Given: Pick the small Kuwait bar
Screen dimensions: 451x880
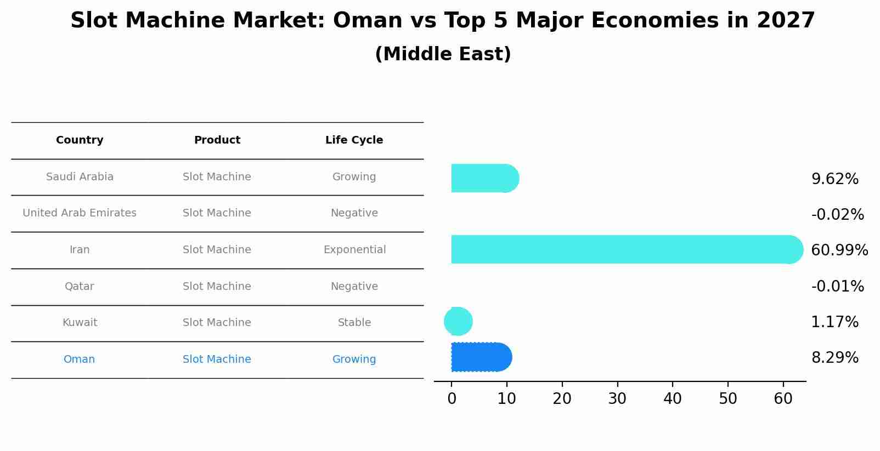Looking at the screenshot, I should coord(458,322).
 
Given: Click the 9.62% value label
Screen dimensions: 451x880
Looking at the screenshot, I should coord(834,179).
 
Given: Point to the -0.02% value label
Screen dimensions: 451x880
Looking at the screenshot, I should coord(837,215).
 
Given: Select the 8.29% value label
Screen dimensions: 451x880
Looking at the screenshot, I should coord(834,358).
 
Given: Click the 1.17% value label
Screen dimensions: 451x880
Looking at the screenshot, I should coord(834,322).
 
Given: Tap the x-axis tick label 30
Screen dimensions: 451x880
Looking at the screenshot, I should coord(617,399).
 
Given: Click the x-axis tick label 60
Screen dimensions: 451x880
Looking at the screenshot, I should coord(783,399).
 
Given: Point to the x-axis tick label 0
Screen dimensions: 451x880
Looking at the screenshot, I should coord(452,399).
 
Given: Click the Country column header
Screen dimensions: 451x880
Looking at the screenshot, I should coord(80,140).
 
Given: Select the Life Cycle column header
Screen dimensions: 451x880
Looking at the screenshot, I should coord(354,140).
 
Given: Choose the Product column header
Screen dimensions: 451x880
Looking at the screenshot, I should coord(217,140).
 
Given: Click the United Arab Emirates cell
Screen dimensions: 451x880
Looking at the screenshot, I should coord(80,213).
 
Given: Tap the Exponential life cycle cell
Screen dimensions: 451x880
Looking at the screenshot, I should coord(354,250).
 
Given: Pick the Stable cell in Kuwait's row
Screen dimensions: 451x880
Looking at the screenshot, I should coord(354,323).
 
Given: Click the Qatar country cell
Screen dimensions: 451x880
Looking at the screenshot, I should coord(80,287).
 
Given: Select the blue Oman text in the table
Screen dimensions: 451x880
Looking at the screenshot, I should coord(80,359).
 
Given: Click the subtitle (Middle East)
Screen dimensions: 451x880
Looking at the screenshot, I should coord(443,54).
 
